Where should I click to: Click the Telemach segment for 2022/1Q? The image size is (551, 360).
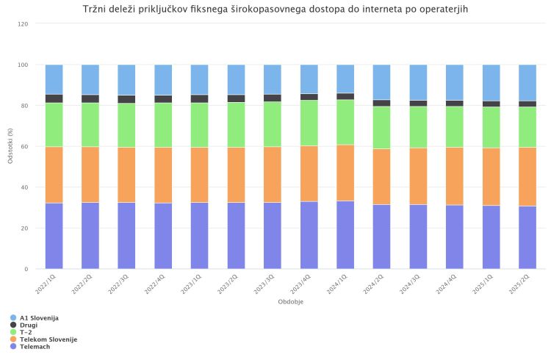click(54, 236)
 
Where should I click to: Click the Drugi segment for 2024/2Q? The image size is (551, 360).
click(382, 103)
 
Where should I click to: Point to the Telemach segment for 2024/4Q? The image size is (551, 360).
click(455, 237)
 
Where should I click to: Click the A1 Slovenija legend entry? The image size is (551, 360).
click(39, 317)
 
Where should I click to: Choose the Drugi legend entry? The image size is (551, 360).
click(29, 325)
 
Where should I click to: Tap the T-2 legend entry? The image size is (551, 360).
click(26, 332)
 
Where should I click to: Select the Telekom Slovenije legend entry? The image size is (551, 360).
click(48, 339)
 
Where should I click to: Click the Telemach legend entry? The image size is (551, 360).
click(34, 346)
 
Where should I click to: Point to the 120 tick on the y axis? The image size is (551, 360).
click(23, 24)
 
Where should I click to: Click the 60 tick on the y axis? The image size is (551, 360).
click(25, 147)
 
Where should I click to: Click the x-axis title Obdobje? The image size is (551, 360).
click(291, 302)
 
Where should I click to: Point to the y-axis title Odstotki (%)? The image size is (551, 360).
click(10, 145)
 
